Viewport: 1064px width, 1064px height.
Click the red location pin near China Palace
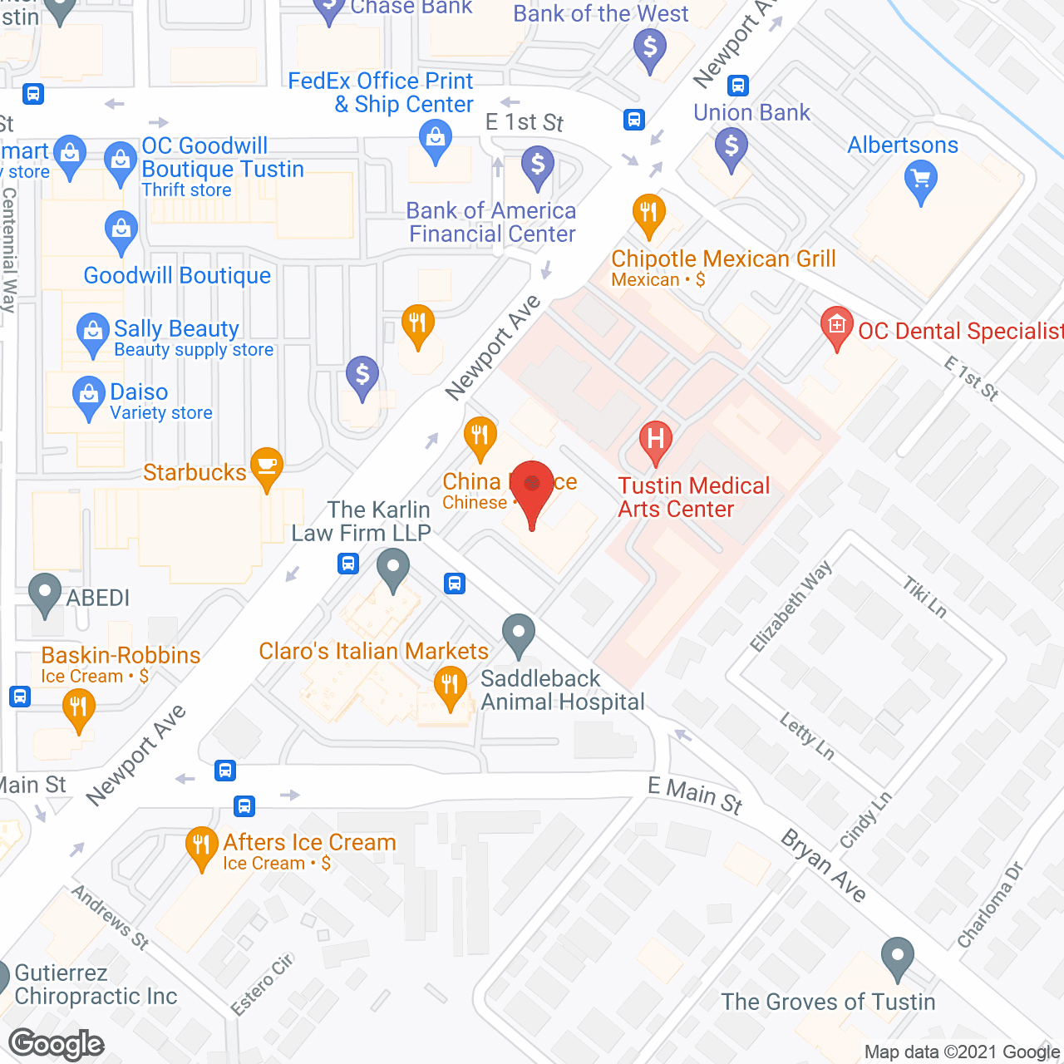(x=531, y=487)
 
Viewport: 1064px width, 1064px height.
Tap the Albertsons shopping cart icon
(x=920, y=180)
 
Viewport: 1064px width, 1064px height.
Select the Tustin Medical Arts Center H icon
(x=655, y=438)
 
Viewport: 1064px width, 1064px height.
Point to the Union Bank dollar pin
(x=731, y=147)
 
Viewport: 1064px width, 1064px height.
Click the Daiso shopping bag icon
(x=88, y=396)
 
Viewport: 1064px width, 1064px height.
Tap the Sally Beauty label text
(x=176, y=329)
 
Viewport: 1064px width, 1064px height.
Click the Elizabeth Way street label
(x=791, y=606)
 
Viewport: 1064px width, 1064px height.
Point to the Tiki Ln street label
(x=925, y=598)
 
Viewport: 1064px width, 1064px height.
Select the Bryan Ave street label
(x=824, y=865)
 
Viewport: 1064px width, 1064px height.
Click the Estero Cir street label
(x=262, y=985)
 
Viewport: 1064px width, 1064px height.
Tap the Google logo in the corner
(x=57, y=1044)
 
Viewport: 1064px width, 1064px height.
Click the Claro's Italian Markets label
(x=373, y=651)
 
